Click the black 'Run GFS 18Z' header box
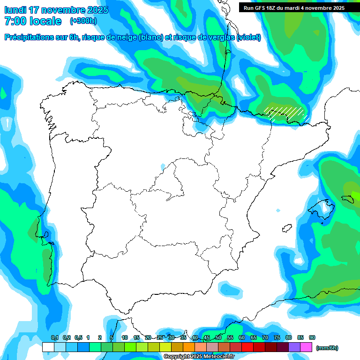[x=294, y=7]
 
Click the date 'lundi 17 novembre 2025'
[x=56, y=10]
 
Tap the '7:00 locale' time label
[x=33, y=21]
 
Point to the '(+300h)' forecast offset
[x=83, y=21]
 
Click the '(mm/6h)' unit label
[x=327, y=348]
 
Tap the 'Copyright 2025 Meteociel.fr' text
[x=199, y=357]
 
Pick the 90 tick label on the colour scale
[x=312, y=337]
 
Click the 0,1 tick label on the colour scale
[x=54, y=337]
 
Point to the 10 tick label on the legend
[x=125, y=337]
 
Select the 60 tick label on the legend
[x=242, y=337]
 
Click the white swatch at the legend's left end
[x=48, y=347]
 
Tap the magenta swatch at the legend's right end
[x=306, y=347]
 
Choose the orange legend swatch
[x=189, y=347]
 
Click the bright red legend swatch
[x=247, y=347]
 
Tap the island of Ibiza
[x=285, y=228]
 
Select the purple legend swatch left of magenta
[x=294, y=347]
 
